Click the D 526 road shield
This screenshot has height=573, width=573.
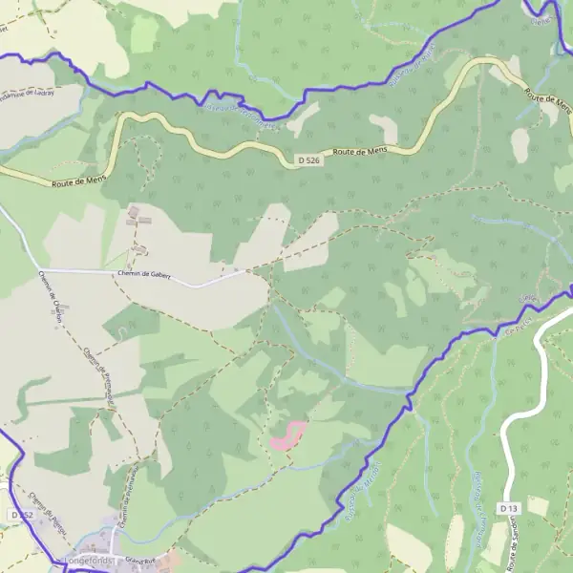(307, 161)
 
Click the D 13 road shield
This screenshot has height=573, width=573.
(507, 509)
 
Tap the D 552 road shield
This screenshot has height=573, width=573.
(25, 515)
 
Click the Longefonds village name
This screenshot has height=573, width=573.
(88, 561)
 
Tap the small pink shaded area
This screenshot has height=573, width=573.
(287, 435)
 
